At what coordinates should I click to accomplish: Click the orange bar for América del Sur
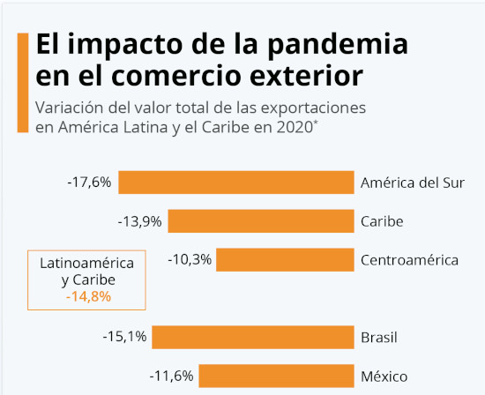point(235,183)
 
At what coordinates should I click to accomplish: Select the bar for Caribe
point(260,221)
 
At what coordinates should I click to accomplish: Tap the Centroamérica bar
point(284,260)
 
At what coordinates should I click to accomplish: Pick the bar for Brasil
point(252,338)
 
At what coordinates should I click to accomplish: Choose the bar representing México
point(275,376)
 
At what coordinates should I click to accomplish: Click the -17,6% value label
point(89,183)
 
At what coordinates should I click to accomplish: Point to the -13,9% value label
point(139,221)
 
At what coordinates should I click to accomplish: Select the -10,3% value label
point(189,260)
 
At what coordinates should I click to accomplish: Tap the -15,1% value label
point(123,338)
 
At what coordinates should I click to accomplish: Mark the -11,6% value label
point(171,376)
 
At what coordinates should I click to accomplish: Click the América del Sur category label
point(412,183)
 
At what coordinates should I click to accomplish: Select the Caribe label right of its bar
point(382,221)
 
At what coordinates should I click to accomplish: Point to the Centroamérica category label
point(410,260)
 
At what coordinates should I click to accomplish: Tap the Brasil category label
point(379,338)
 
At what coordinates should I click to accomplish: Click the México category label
point(384,376)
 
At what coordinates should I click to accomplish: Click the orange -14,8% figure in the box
point(87,297)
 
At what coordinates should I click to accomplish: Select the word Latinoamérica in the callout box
point(87,263)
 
